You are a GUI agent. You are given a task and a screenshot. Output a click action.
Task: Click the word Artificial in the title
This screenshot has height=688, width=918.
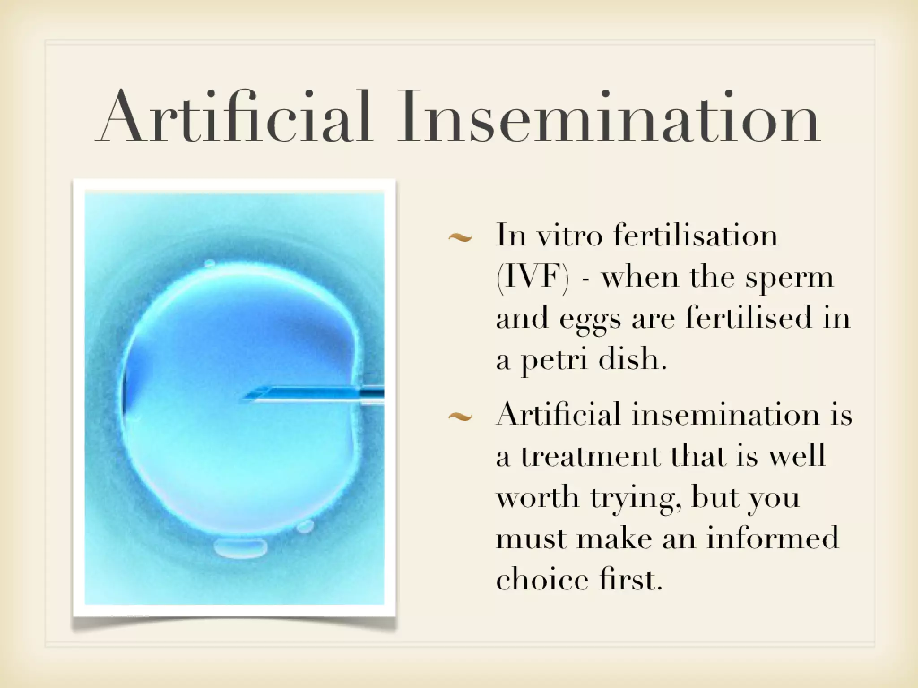point(233,117)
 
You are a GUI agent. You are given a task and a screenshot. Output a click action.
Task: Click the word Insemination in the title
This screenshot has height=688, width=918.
point(609,117)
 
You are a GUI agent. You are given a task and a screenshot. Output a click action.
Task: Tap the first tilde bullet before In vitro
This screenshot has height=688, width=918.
point(460,238)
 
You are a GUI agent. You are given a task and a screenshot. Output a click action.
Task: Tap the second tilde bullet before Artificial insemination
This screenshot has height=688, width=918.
point(460,417)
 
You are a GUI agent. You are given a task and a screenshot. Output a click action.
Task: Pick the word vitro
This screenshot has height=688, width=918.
point(570,235)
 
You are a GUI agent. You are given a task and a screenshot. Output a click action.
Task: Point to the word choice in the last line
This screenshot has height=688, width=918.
point(542,580)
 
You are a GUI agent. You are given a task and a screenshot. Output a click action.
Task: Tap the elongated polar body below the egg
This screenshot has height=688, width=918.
point(241,548)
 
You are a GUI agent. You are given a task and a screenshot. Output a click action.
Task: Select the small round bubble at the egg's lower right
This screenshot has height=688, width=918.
point(306,526)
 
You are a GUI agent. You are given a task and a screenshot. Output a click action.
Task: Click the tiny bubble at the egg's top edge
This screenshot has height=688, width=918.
point(209,263)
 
